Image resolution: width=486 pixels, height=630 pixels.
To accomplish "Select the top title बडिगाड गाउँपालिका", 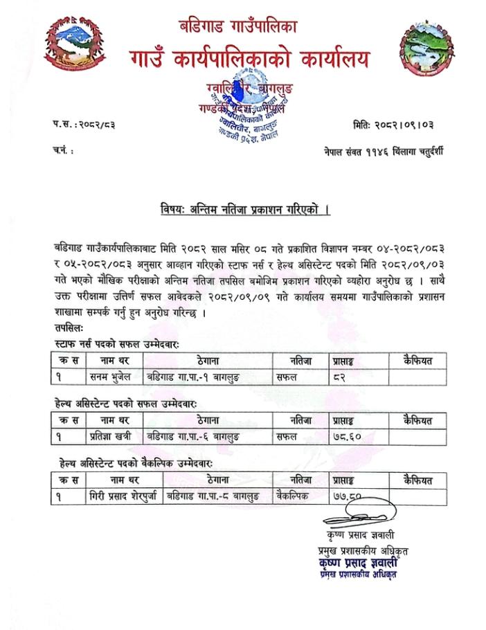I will (248, 28).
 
